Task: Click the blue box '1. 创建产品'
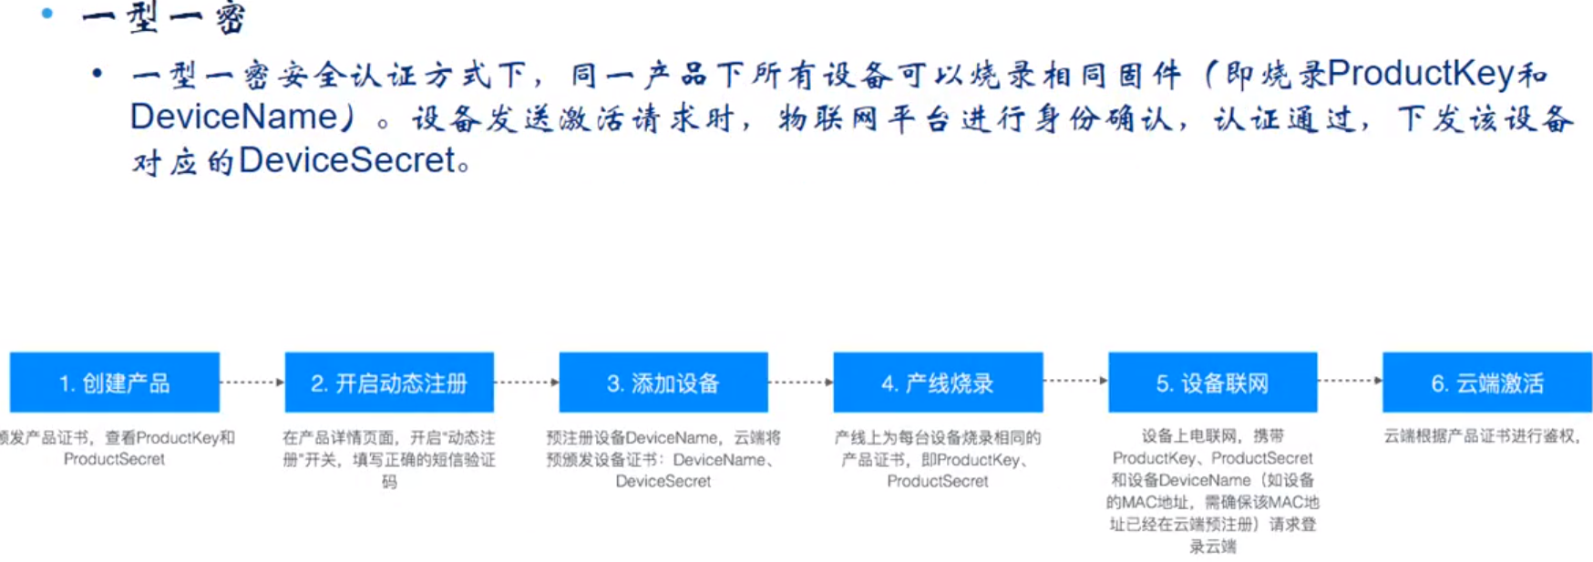coord(114,383)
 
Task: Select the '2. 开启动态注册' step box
coord(389,383)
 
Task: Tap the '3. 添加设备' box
coord(663,383)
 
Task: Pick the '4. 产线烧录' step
coord(938,383)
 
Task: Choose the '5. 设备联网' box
coord(1212,383)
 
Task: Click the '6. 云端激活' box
coord(1487,383)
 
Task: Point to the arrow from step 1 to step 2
coord(252,383)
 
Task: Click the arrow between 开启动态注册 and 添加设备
coord(527,383)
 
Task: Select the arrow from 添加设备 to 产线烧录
coord(801,383)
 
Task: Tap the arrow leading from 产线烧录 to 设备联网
coord(1075,381)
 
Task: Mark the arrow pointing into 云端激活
coord(1350,381)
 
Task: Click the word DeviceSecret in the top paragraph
coord(346,160)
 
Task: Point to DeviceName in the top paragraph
coord(233,117)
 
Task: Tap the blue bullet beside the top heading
coord(47,13)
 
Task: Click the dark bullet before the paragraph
coord(98,73)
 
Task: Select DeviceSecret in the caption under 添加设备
coord(663,481)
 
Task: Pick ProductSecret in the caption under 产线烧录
coord(937,481)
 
